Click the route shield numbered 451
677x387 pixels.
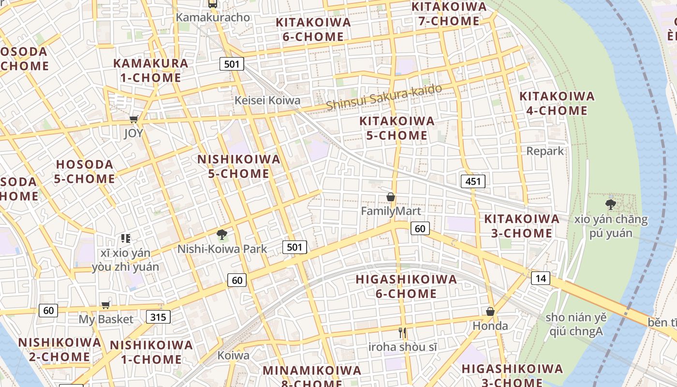click(472, 181)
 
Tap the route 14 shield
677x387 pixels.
click(540, 278)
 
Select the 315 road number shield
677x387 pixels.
click(158, 317)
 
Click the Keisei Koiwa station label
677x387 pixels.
click(267, 101)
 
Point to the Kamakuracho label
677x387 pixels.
click(213, 17)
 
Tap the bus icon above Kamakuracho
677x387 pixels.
click(213, 4)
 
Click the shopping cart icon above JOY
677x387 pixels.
click(133, 119)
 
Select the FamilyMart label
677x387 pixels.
click(391, 211)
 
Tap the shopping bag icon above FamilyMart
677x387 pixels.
click(391, 197)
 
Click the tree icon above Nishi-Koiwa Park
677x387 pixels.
click(222, 235)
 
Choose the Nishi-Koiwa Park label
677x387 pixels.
click(222, 249)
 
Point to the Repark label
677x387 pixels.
click(545, 151)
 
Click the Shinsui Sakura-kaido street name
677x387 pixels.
click(384, 97)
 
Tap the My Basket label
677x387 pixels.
click(106, 319)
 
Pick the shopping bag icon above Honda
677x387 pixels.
click(490, 312)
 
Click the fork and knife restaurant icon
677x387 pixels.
click(402, 333)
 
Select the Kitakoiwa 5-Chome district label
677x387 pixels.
click(397, 128)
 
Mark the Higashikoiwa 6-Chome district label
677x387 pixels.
click(406, 286)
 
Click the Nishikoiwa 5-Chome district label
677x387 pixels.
click(239, 166)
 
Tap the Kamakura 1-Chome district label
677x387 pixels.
click(150, 70)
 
